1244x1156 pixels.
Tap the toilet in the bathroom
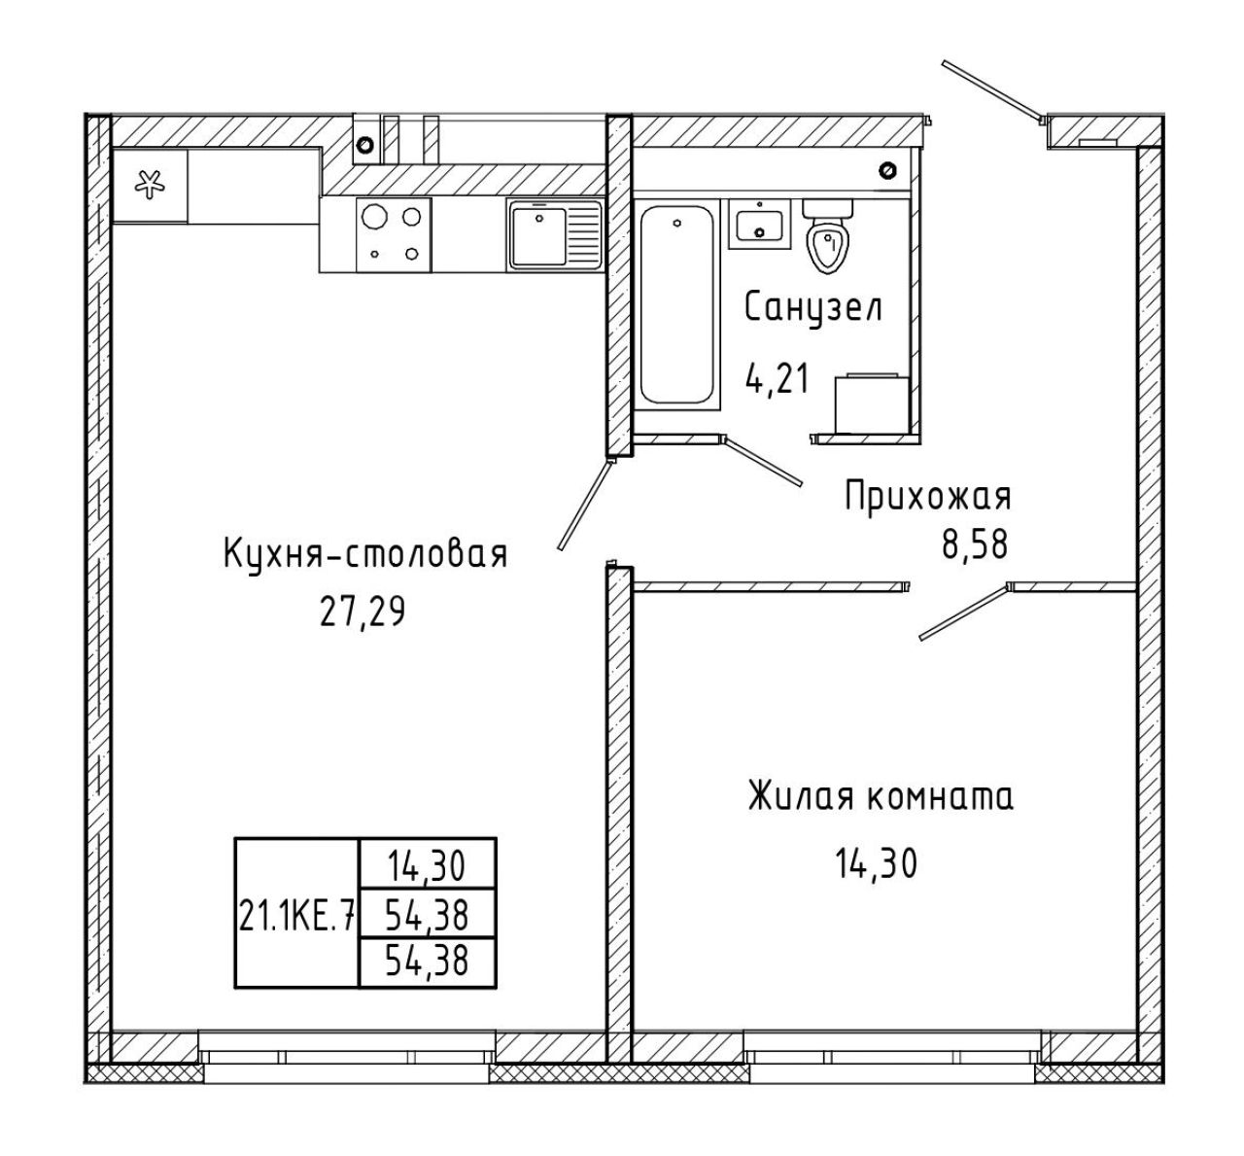coord(827,236)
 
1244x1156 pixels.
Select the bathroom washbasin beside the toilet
coord(760,224)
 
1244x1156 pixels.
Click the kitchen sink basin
coord(539,236)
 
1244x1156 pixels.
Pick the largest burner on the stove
coord(375,217)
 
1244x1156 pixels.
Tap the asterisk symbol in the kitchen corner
coord(150,185)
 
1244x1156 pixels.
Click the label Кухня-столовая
coord(365,554)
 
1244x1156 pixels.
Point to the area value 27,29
coord(363,612)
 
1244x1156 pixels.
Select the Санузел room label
coord(813,308)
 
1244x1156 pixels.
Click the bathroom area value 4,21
coord(777,378)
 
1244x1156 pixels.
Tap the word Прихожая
coord(928,497)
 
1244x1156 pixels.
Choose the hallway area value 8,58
coord(975,544)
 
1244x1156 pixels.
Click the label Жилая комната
coord(881,797)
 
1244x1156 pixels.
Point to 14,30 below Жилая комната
coord(876,863)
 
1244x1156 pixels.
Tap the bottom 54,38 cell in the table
coord(427,961)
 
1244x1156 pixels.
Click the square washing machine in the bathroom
coord(872,403)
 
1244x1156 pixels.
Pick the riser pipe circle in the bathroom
coord(887,170)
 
